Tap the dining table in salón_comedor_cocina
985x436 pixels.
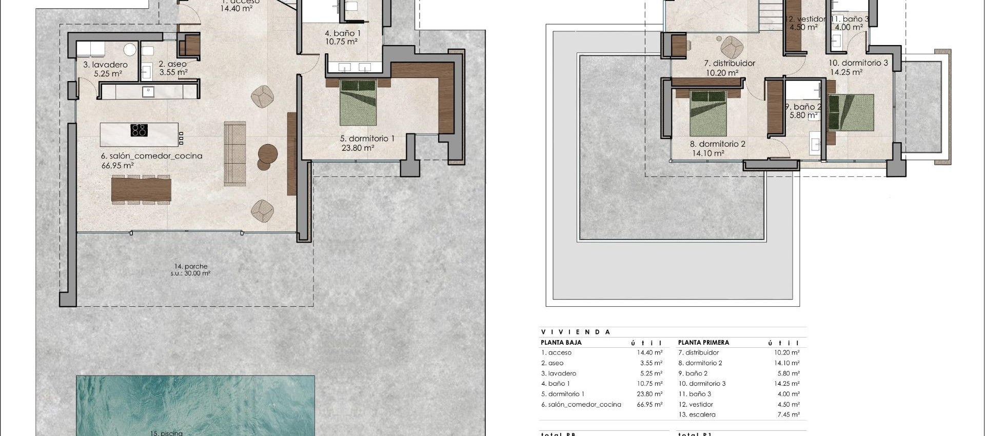(x=141, y=189)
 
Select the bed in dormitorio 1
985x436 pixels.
(x=358, y=103)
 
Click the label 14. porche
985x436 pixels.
(x=191, y=266)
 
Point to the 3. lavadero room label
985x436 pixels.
(x=105, y=65)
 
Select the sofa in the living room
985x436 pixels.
(x=235, y=153)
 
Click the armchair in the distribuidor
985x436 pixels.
(x=732, y=48)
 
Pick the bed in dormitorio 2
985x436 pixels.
(x=708, y=113)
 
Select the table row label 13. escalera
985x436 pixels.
(x=697, y=414)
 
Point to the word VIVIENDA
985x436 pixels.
(x=576, y=332)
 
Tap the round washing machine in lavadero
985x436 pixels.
(x=130, y=50)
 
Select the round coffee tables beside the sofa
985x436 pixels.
(x=267, y=156)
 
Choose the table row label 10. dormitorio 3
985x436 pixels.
(x=702, y=384)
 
